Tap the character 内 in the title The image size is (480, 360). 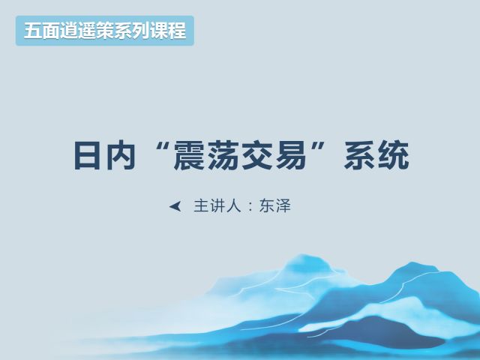(121, 155)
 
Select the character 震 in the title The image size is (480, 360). (189, 155)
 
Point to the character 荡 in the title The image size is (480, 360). (223, 155)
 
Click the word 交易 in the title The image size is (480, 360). (274, 155)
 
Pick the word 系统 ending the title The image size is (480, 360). (376, 155)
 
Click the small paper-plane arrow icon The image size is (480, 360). (175, 206)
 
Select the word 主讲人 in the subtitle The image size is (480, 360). (217, 205)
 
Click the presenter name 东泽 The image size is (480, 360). (274, 205)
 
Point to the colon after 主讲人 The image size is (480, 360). (250, 207)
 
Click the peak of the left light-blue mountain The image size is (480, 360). (301, 255)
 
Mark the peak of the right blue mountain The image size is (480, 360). (412, 262)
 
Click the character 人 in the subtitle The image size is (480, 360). (233, 205)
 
